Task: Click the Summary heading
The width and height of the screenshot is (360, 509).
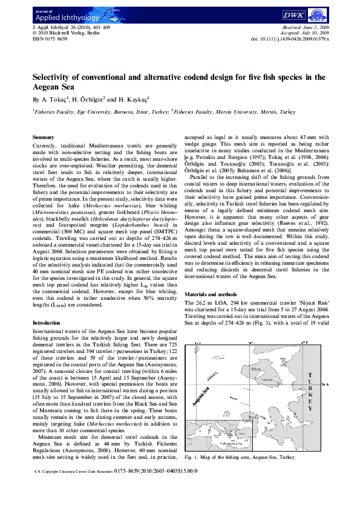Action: (43, 138)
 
